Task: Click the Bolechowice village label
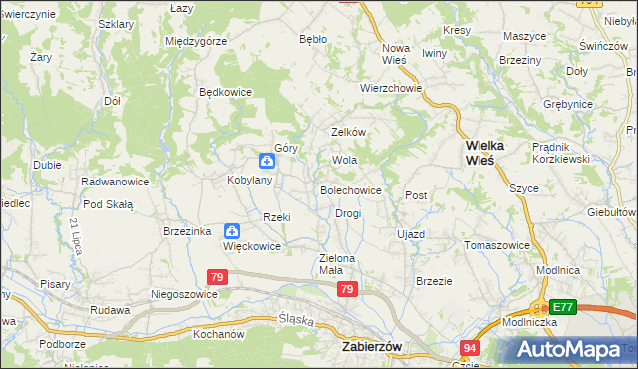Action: click(350, 189)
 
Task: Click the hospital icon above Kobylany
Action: click(267, 161)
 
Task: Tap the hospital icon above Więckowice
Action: click(232, 229)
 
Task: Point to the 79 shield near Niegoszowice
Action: click(219, 277)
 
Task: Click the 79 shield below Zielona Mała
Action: click(346, 289)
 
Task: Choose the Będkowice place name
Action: click(226, 92)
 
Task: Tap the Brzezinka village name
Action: click(187, 230)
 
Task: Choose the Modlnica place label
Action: click(558, 270)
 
